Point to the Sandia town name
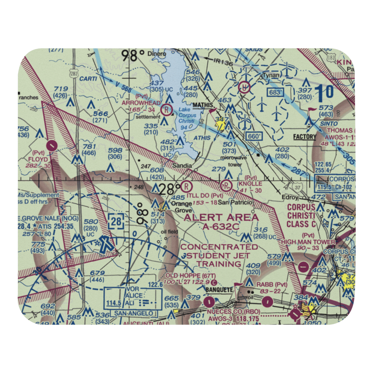click(x=182, y=165)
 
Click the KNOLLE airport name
click(x=250, y=184)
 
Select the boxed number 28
click(x=116, y=222)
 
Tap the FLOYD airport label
click(x=38, y=159)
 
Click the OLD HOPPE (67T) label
click(x=191, y=276)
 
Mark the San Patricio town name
click(x=235, y=202)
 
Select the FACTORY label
click(x=304, y=137)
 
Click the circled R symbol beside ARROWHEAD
click(x=166, y=110)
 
